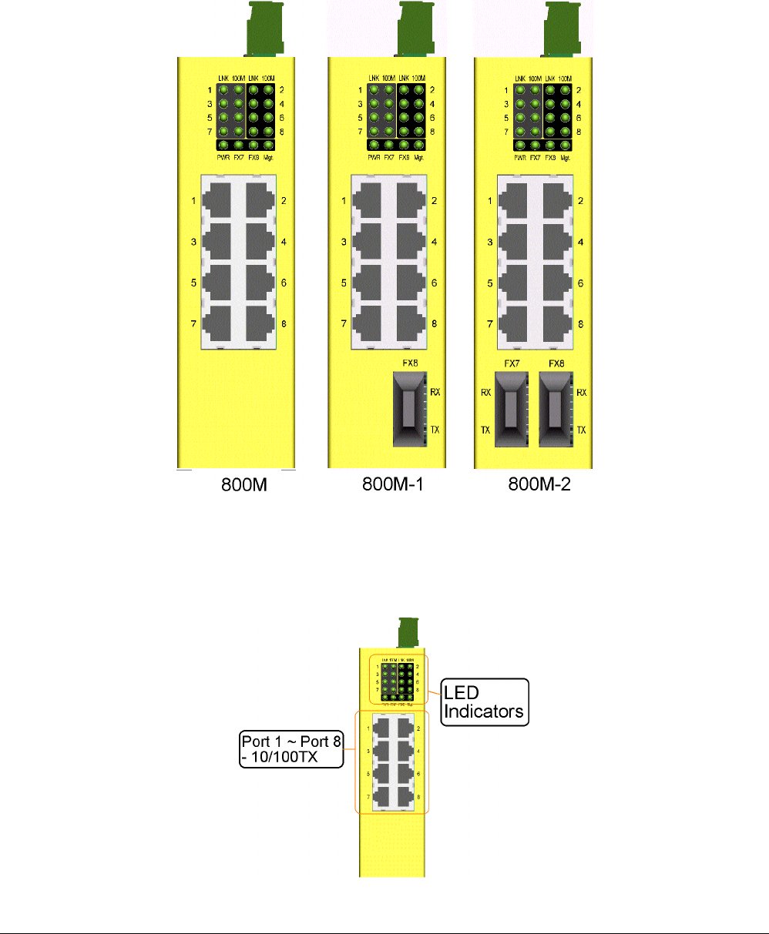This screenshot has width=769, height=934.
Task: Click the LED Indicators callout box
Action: pos(484,701)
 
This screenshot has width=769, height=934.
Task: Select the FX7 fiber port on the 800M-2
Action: pos(509,409)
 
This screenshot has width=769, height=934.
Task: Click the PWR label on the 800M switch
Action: pos(223,156)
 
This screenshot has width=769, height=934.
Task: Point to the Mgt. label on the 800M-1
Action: pos(418,156)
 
